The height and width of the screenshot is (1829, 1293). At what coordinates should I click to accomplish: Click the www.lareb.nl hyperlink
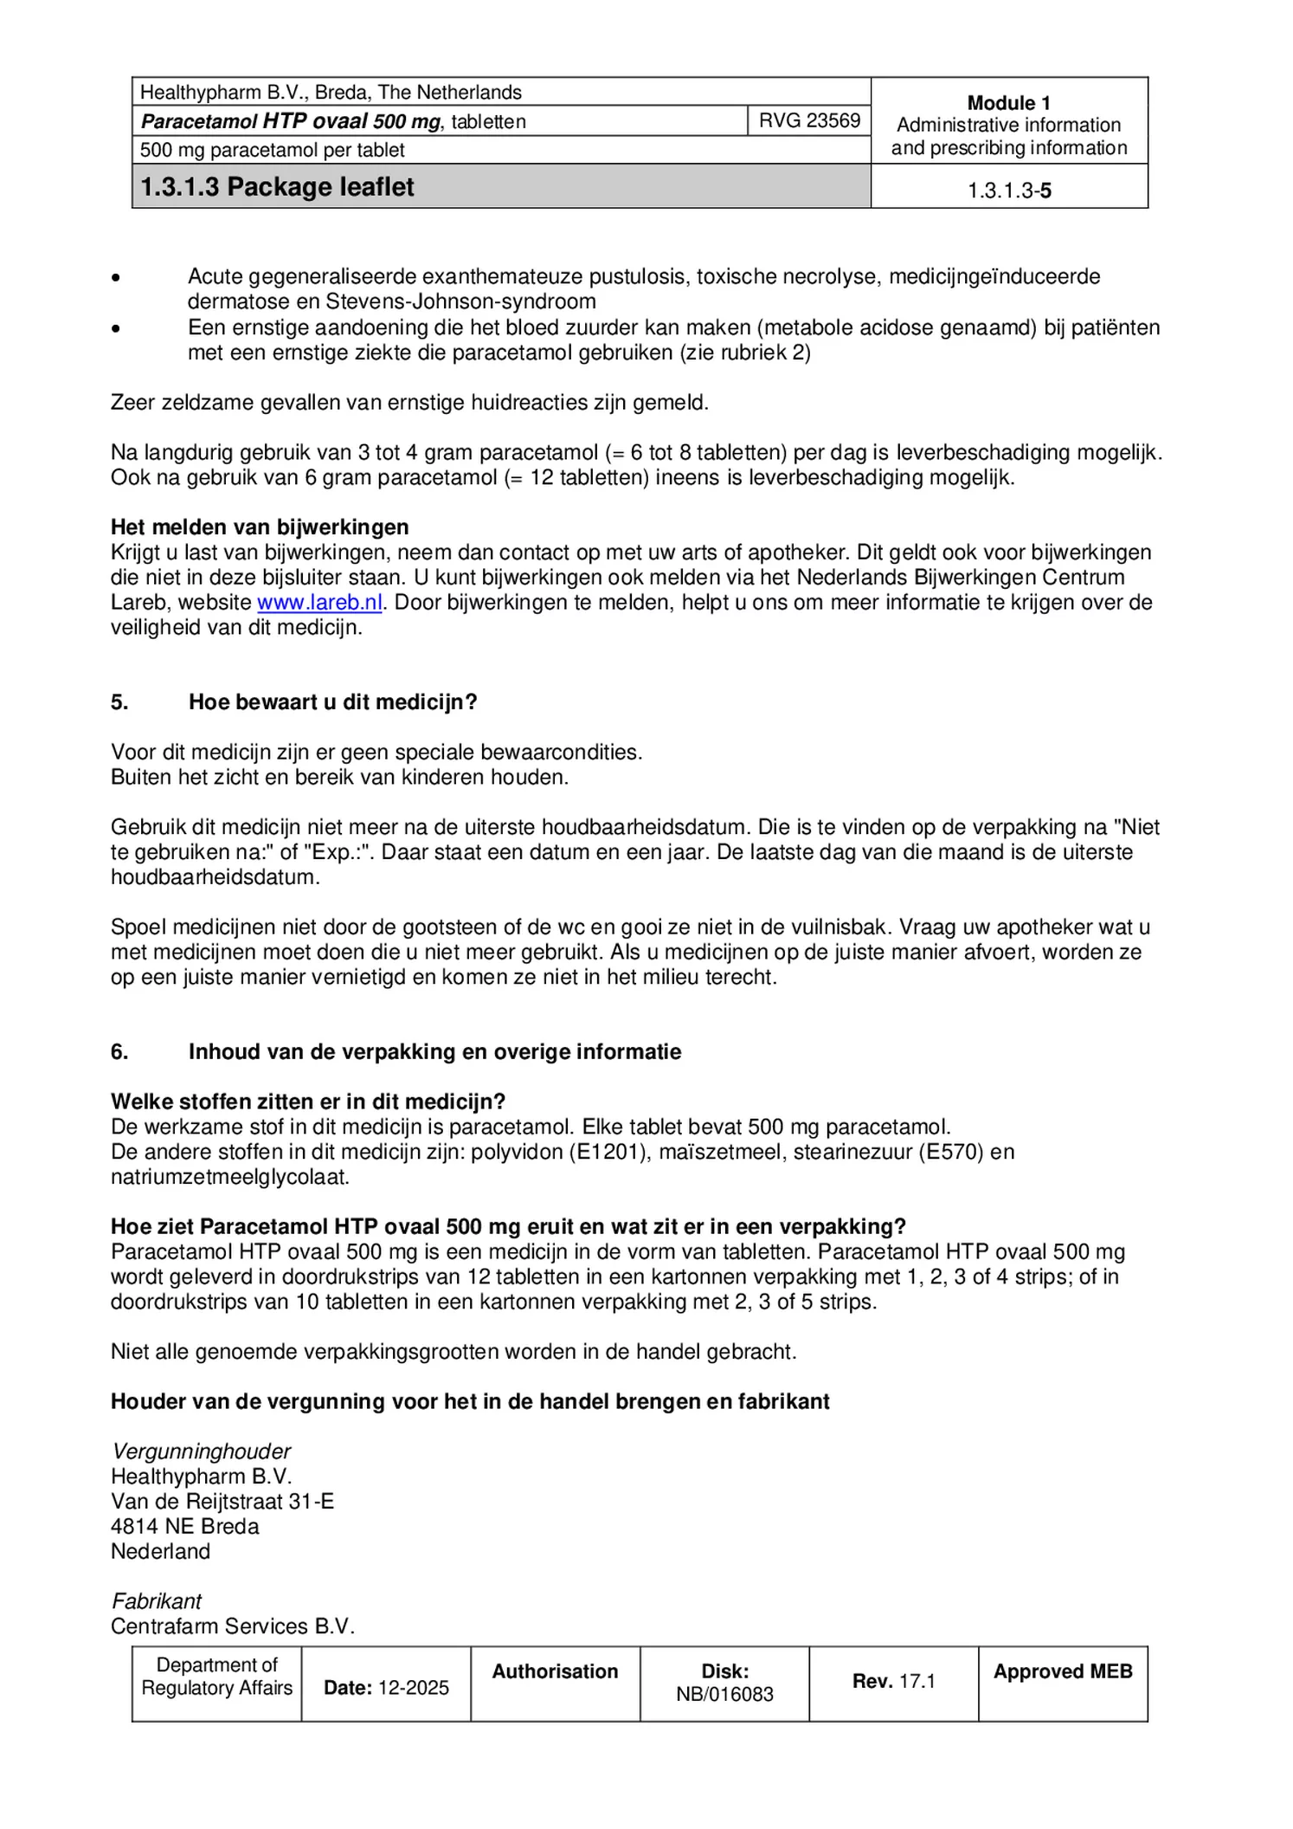[319, 603]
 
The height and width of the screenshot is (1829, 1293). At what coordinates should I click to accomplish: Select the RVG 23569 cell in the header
[809, 120]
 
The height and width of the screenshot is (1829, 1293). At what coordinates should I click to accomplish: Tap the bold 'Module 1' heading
[1008, 103]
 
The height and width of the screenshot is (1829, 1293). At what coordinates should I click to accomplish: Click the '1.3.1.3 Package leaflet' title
[277, 187]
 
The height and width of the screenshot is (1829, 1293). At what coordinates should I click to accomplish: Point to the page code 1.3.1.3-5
[1009, 191]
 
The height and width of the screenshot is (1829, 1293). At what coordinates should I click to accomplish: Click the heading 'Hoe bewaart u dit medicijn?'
[332, 702]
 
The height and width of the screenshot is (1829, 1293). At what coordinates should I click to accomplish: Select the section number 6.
[119, 1052]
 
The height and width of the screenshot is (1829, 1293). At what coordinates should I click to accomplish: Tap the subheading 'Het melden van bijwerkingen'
[260, 527]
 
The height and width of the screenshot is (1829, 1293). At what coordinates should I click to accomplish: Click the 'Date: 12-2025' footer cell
[386, 1688]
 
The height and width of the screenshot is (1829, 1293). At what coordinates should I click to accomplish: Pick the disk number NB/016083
[724, 1695]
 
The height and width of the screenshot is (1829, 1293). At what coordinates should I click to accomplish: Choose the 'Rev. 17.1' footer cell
[893, 1682]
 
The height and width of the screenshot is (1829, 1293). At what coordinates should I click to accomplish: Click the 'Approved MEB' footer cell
[1062, 1672]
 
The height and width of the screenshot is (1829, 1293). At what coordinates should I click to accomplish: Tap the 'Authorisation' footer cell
[555, 1672]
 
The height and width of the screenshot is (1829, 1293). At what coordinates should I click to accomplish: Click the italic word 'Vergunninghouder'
[201, 1451]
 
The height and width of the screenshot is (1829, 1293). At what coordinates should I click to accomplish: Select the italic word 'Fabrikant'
[157, 1601]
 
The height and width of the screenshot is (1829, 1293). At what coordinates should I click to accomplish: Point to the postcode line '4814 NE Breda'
[184, 1526]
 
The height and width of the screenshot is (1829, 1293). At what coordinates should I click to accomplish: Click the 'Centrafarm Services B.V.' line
[233, 1626]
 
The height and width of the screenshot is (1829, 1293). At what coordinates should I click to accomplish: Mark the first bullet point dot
[116, 278]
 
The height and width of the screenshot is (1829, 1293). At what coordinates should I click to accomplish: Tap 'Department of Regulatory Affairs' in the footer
[216, 1677]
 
